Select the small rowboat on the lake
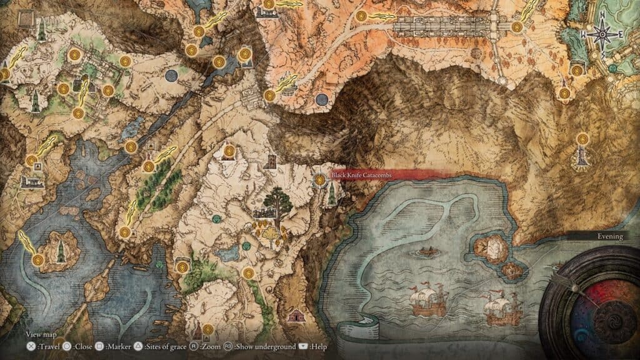427,252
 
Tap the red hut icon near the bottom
293,316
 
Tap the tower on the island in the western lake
61,251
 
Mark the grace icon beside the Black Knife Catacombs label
321,180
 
